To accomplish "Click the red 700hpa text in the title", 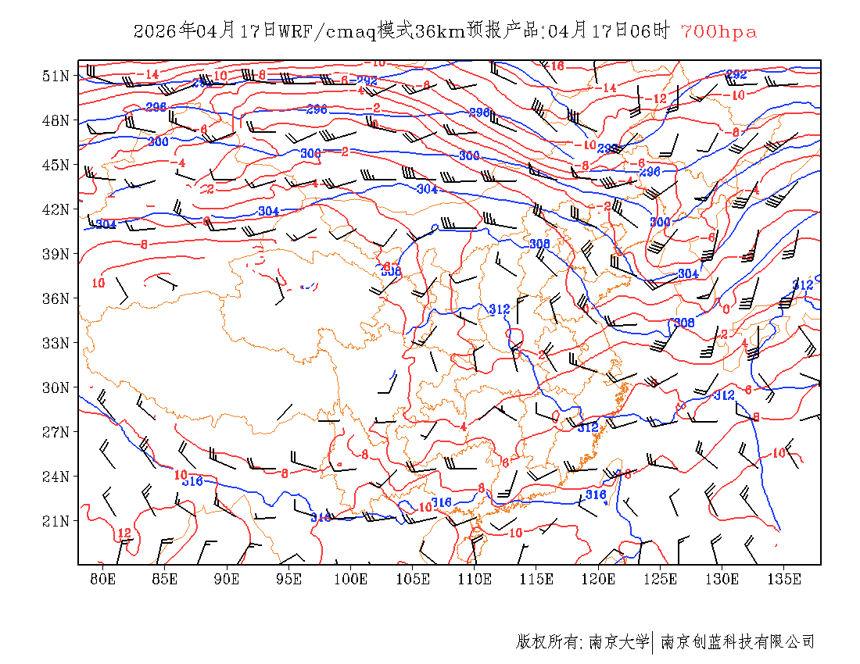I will pos(718,32).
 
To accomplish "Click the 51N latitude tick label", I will pos(56,76).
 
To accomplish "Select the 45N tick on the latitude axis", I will pos(56,165).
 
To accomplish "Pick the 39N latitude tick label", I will pos(56,254).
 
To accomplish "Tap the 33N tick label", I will pos(56,343).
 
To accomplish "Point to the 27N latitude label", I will pos(56,432).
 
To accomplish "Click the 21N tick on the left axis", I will pos(56,521).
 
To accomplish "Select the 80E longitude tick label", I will pos(103,579).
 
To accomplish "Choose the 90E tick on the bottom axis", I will pos(227,579).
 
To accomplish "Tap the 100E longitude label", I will pos(351,579).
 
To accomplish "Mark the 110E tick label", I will pos(475,579).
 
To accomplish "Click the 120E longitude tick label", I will pos(599,579).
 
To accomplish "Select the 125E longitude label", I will pos(661,579).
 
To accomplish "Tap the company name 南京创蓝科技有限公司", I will pos(737,642).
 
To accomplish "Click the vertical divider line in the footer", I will pos(652,642).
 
